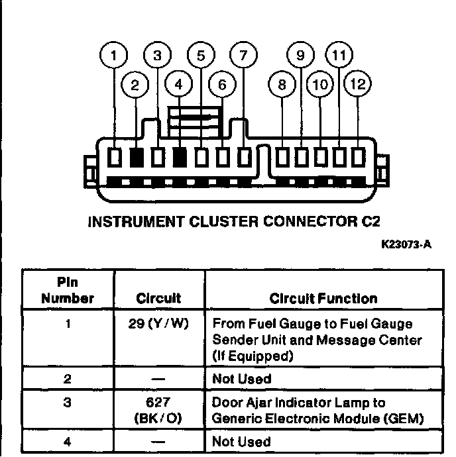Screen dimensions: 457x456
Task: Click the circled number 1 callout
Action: pos(116,56)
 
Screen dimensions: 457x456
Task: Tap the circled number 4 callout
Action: pos(179,85)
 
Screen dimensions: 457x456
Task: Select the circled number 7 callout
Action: pos(243,56)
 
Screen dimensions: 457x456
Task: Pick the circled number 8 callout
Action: pos(282,85)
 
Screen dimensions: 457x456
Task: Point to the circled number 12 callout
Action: pos(359,85)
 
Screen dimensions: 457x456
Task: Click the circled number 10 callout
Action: pos(321,85)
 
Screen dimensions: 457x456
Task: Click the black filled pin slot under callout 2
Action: pos(137,158)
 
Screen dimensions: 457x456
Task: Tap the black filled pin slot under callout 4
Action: pos(180,158)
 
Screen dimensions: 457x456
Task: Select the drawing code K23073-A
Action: pos(406,244)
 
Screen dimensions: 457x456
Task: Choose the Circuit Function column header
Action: pos(323,299)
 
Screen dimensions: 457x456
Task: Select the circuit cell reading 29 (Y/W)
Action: pos(159,325)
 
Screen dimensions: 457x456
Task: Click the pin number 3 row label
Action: pos(68,403)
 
